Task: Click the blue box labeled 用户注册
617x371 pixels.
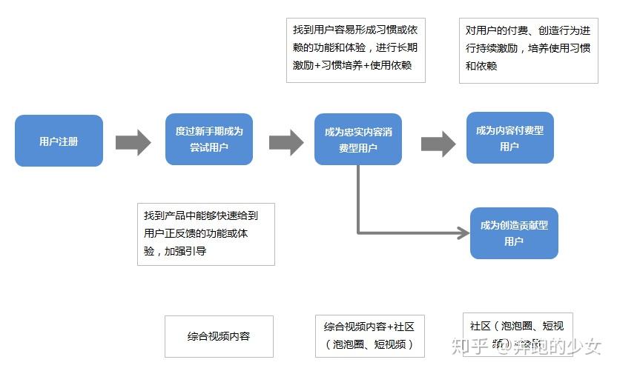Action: coord(59,140)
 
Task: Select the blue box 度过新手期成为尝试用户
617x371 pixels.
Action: coord(208,139)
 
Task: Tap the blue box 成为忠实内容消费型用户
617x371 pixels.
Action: coord(357,139)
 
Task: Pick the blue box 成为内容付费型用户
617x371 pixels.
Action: coord(509,138)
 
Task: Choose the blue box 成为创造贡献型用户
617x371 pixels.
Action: coord(514,233)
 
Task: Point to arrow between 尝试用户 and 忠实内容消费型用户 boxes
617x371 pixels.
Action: coord(286,141)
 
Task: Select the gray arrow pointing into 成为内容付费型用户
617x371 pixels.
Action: coord(438,143)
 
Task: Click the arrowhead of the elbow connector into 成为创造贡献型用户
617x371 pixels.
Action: coord(463,233)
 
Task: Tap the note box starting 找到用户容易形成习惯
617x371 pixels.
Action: coord(355,50)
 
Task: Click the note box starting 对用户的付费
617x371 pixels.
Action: coord(527,50)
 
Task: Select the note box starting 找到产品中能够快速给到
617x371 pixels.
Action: coord(205,233)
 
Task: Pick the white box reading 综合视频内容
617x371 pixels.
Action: coord(219,336)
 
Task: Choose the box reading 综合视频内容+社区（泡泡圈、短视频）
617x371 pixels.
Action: coord(369,335)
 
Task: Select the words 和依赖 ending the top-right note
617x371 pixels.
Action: coord(481,66)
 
